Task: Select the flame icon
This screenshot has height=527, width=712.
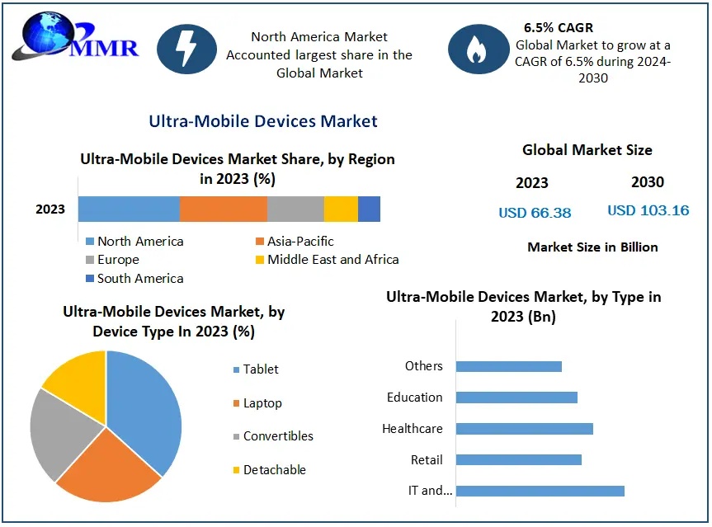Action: pyautogui.click(x=478, y=49)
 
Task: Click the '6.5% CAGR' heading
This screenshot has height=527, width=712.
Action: pyautogui.click(x=558, y=28)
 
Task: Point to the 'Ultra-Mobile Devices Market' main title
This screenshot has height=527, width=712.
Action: pyautogui.click(x=262, y=121)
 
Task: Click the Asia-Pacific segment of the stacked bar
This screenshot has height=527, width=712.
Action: pyautogui.click(x=223, y=209)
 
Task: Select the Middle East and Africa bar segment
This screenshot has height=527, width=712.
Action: pyautogui.click(x=341, y=209)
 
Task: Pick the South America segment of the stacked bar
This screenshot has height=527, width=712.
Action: pyautogui.click(x=369, y=209)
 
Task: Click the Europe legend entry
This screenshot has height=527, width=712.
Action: pyautogui.click(x=117, y=260)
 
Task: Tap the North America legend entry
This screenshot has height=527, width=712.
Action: pyautogui.click(x=139, y=242)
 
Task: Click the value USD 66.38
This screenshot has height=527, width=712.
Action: pyautogui.click(x=535, y=213)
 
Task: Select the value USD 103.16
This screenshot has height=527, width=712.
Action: pyautogui.click(x=648, y=210)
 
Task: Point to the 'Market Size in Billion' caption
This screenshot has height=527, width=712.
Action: pyautogui.click(x=592, y=247)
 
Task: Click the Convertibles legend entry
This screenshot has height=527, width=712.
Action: pyautogui.click(x=277, y=436)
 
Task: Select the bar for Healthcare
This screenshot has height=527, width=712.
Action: pyautogui.click(x=524, y=429)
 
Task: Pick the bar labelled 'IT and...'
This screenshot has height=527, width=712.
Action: pyautogui.click(x=540, y=491)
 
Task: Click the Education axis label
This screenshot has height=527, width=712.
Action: pyautogui.click(x=414, y=398)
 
